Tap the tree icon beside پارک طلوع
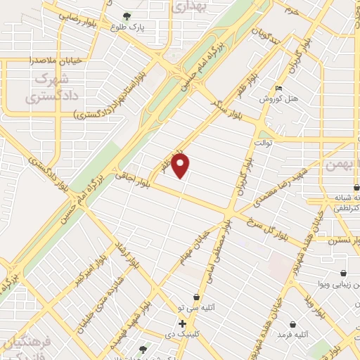(127, 15)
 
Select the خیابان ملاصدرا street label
(58, 61)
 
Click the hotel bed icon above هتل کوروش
(279, 89)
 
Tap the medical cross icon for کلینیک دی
(182, 324)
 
